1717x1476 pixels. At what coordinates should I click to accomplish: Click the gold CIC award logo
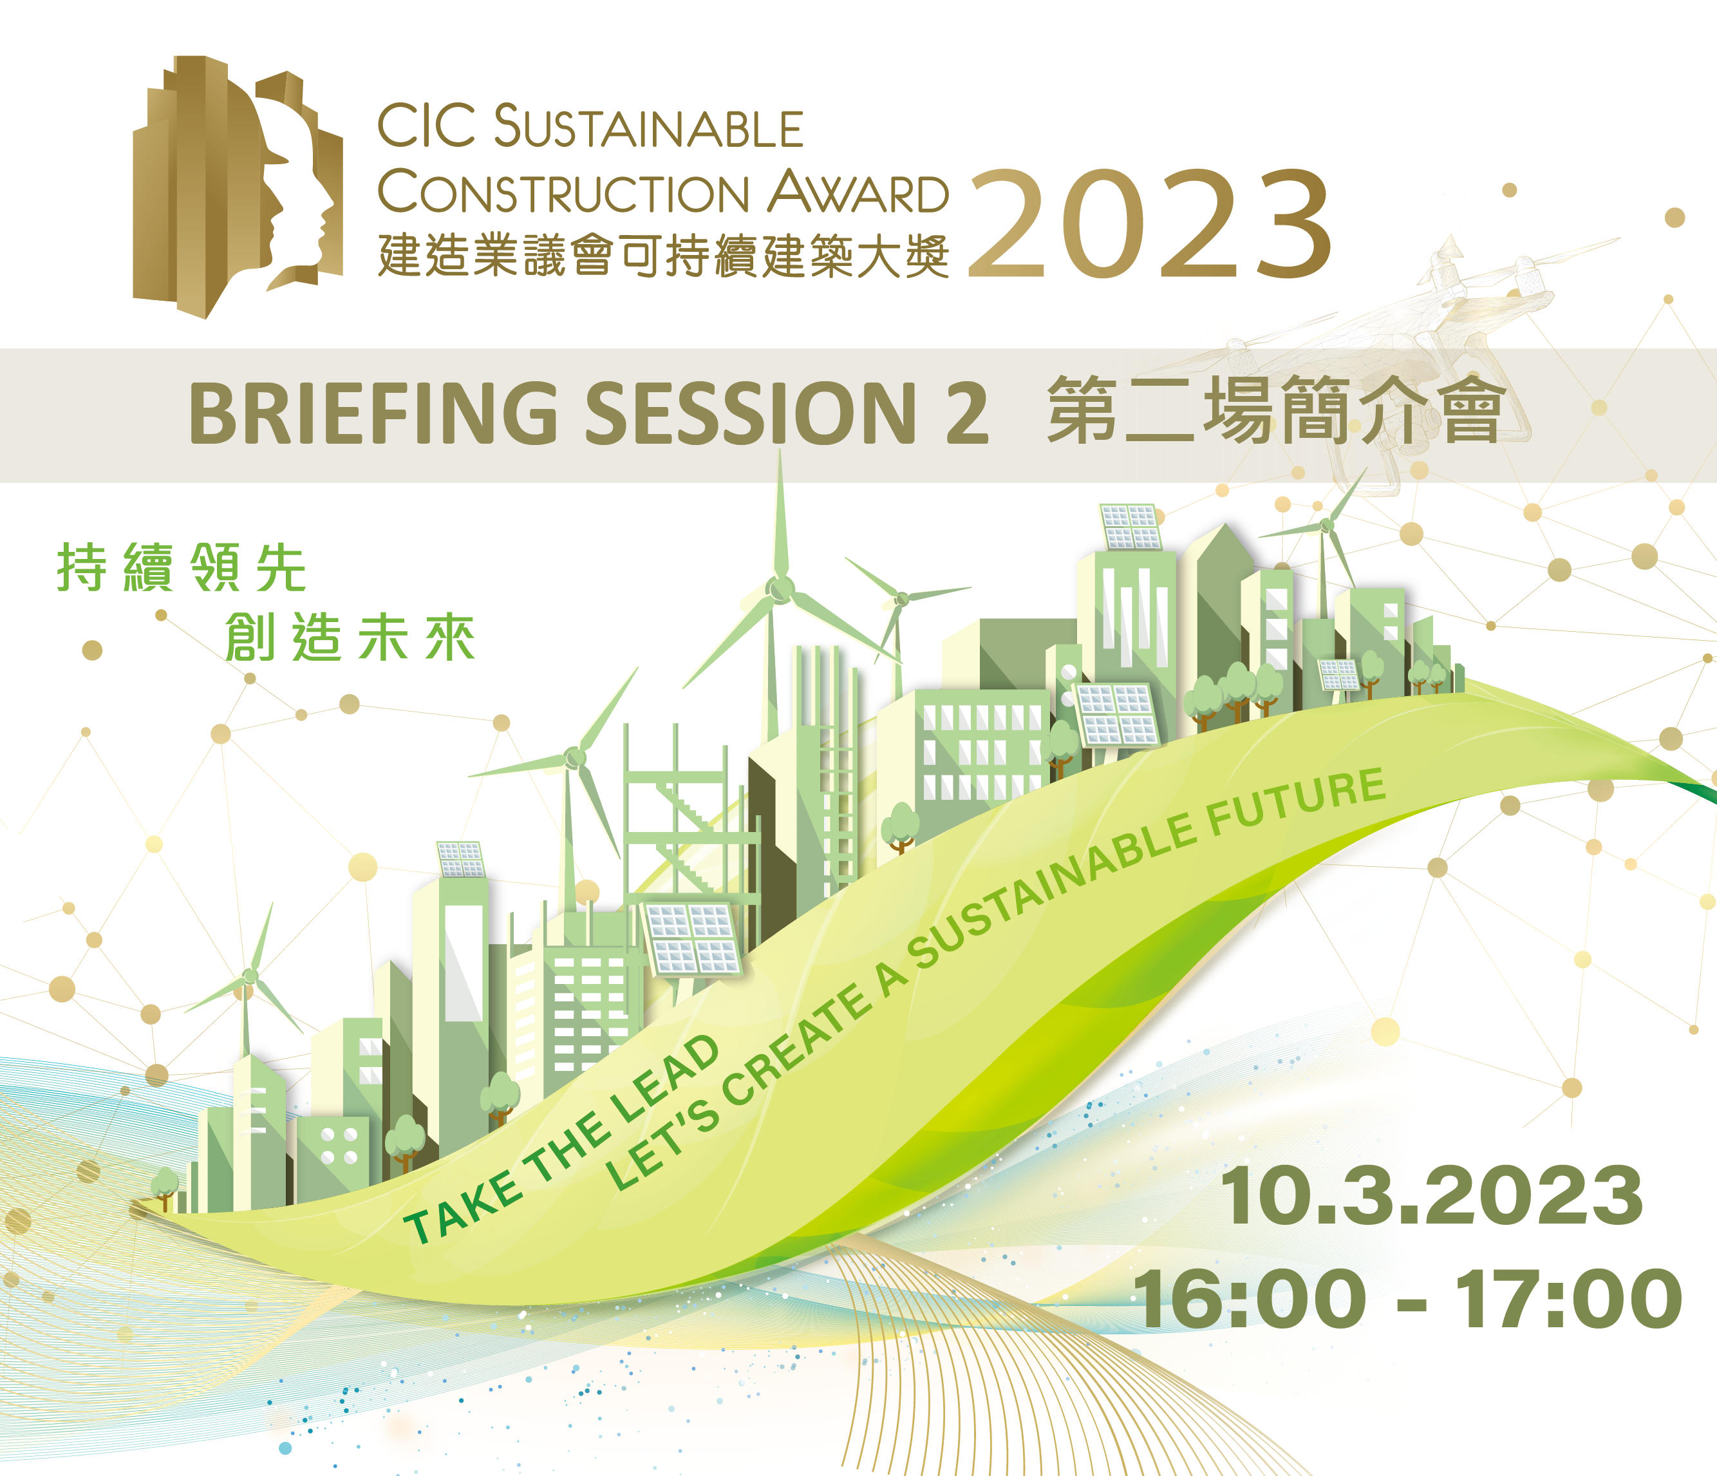click(x=237, y=187)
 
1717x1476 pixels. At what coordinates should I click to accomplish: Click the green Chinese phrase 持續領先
click(x=182, y=568)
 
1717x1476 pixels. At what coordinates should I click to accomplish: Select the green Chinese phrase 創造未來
click(x=350, y=638)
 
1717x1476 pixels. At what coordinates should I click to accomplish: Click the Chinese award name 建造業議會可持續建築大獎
click(x=663, y=255)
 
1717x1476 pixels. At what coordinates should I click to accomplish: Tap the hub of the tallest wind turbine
click(x=779, y=589)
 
